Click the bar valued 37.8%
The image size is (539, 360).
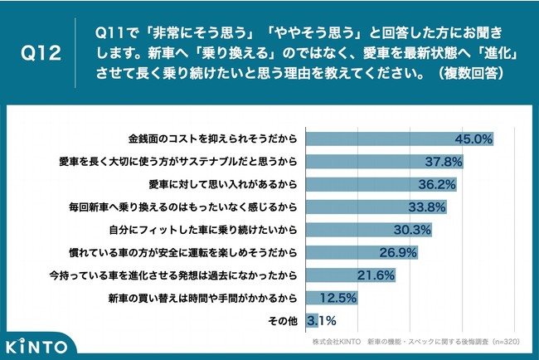coord(385,160)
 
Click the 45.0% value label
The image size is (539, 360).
coord(476,138)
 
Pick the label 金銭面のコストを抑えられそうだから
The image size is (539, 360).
coord(213,138)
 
